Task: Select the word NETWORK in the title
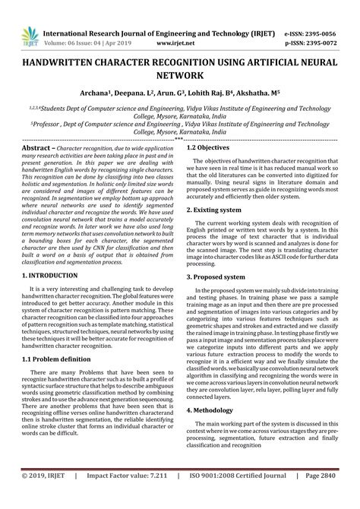click(180, 77)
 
